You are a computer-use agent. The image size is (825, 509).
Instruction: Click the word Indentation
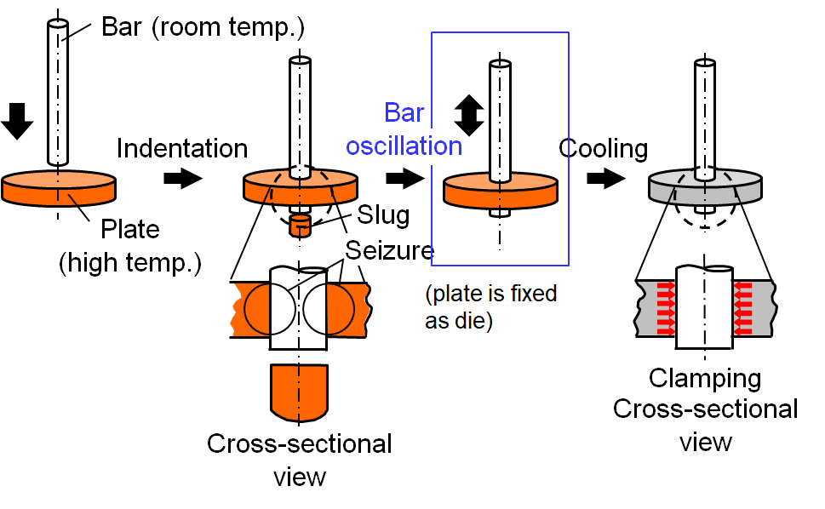point(181,148)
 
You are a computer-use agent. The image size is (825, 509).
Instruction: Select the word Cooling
point(603,148)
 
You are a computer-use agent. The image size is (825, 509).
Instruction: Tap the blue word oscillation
point(404,146)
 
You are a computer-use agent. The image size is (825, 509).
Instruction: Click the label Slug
point(382,214)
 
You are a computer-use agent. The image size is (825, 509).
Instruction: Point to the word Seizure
point(390,249)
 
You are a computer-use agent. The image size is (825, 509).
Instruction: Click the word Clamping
point(705,377)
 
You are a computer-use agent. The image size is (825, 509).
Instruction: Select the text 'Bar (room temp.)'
point(203,27)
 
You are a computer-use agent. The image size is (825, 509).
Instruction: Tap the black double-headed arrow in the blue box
point(467,114)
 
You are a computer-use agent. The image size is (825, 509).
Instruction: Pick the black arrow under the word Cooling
point(603,180)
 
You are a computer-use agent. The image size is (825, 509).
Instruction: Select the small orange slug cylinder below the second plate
point(299,226)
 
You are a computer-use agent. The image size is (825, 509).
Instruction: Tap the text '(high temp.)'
point(130,264)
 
